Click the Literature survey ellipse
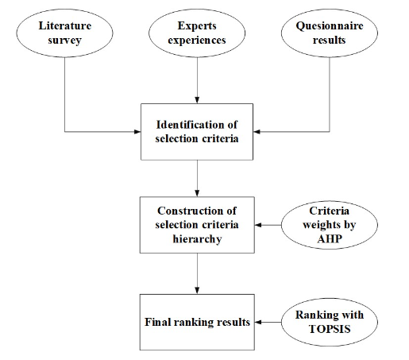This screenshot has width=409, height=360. (x=64, y=33)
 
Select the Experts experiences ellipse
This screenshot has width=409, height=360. (x=195, y=33)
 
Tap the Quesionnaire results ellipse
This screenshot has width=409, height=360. (x=327, y=33)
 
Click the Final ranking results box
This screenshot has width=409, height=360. (x=196, y=322)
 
